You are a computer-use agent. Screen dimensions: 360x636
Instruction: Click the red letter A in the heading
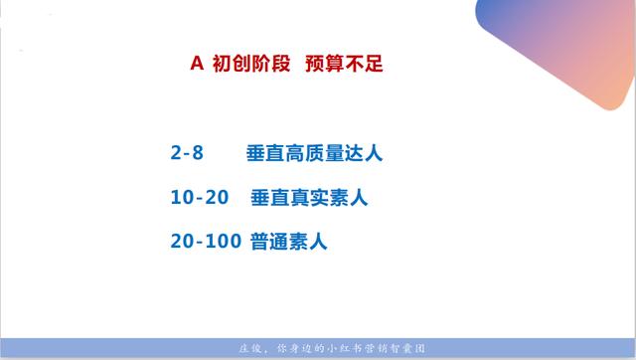click(197, 64)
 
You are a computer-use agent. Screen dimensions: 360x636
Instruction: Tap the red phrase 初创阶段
click(251, 64)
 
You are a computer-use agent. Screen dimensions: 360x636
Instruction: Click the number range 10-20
click(201, 197)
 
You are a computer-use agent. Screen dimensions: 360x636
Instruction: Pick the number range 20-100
click(207, 241)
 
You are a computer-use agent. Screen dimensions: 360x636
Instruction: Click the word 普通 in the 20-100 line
click(266, 241)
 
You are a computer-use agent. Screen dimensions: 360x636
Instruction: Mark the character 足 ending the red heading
click(374, 64)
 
